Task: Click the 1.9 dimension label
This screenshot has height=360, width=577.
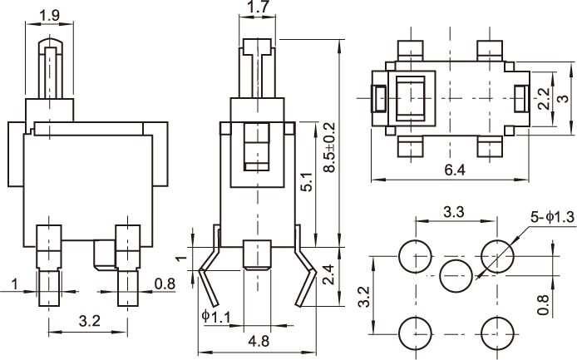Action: click(49, 15)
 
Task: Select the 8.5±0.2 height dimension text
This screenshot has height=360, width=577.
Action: click(329, 148)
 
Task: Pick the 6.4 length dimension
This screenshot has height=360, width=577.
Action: click(454, 171)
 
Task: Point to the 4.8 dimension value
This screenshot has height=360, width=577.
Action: click(258, 340)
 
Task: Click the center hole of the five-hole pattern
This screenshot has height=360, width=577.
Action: click(455, 274)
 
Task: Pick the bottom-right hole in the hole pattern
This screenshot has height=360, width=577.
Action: click(496, 332)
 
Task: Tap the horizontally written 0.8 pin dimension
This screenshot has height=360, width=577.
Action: click(165, 285)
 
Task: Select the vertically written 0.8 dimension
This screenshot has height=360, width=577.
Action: click(543, 303)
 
